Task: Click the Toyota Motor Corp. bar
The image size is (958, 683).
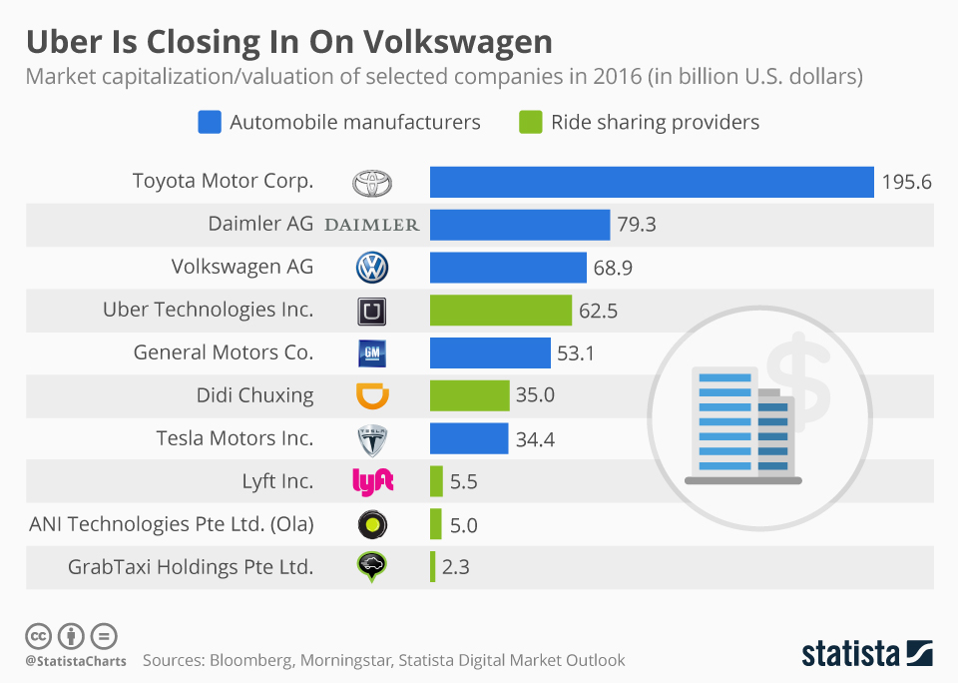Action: (652, 182)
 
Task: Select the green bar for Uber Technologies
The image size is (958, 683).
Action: (500, 311)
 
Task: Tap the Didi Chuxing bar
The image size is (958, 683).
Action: (469, 395)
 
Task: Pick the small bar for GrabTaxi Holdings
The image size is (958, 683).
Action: (433, 567)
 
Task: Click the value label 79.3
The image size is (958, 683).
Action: (637, 225)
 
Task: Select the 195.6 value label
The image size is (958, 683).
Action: (906, 182)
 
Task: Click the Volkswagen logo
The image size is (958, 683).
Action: (371, 268)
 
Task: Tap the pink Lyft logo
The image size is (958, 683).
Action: (373, 481)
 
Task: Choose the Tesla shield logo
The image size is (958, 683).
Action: (371, 439)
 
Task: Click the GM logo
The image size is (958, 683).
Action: (371, 353)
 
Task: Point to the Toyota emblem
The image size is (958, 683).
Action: (372, 183)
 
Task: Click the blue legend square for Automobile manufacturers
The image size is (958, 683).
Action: (209, 123)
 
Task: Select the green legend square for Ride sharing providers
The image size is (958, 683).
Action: (530, 123)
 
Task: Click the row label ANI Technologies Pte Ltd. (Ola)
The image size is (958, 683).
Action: (172, 524)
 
